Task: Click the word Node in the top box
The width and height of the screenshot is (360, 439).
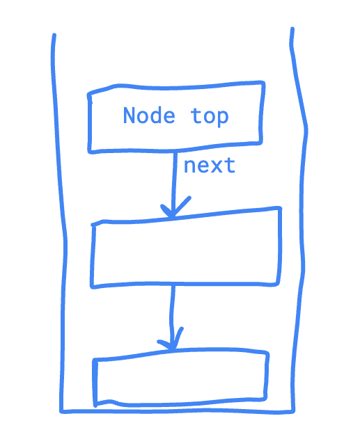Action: coord(149,115)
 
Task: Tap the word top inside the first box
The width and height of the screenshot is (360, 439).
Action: coord(210,116)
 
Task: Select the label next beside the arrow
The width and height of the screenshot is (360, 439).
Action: coord(210,166)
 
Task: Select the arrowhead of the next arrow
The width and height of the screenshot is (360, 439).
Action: coord(174,208)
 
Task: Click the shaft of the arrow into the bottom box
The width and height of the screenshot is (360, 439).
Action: coord(172,317)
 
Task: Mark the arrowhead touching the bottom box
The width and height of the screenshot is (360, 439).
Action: coord(171,340)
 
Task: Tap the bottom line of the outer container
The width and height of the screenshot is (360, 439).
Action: coord(177,411)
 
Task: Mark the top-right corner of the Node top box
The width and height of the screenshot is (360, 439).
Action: coord(263,82)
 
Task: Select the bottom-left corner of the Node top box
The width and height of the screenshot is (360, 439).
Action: coord(90,152)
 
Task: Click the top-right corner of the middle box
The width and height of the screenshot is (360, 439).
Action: coord(280,208)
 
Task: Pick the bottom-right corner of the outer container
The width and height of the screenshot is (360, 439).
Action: coord(293,412)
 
